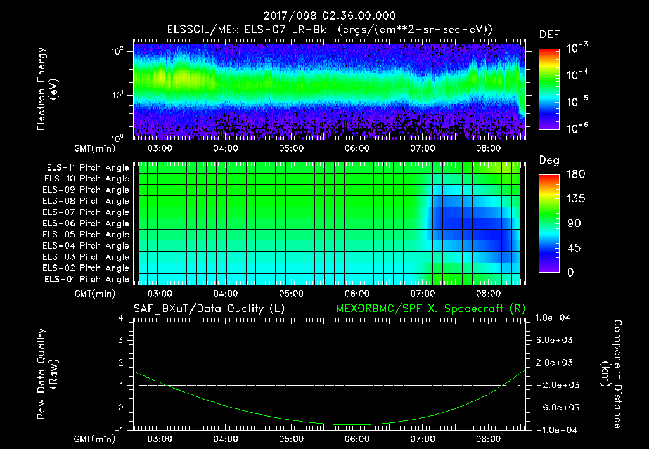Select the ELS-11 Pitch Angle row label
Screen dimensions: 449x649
click(87, 167)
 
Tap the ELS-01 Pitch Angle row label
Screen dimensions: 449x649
click(87, 279)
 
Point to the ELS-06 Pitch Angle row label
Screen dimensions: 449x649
click(87, 223)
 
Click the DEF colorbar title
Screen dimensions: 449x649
click(549, 34)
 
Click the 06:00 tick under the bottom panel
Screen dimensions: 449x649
click(357, 439)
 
